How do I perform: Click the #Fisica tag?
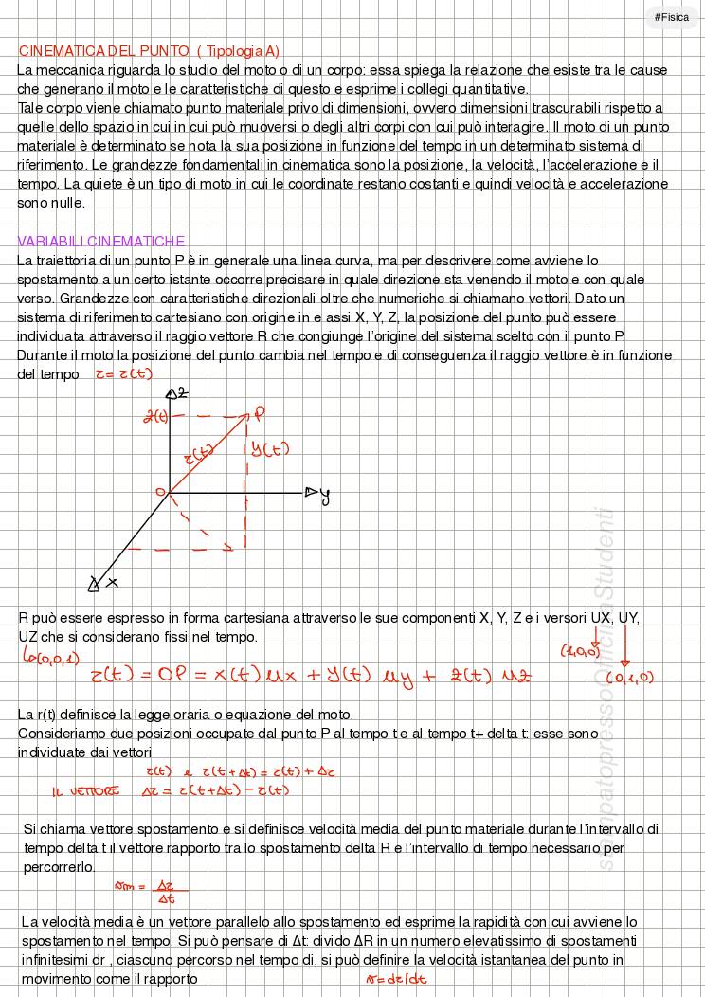(672, 17)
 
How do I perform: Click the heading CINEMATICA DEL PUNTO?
(104, 51)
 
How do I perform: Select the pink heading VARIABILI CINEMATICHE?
(101, 241)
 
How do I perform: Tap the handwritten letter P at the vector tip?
(258, 414)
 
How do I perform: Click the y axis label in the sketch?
(325, 495)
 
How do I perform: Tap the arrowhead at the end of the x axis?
(95, 586)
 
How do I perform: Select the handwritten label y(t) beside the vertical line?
(270, 450)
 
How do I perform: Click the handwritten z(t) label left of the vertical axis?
(154, 416)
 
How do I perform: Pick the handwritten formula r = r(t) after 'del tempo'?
(123, 373)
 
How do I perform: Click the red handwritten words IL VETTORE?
(85, 790)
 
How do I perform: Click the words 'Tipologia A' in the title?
(239, 51)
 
